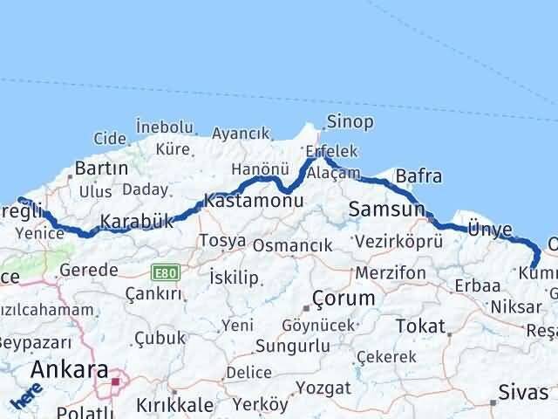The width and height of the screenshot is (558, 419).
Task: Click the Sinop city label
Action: pyautogui.click(x=350, y=121)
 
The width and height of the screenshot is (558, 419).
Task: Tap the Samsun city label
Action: pyautogui.click(x=386, y=209)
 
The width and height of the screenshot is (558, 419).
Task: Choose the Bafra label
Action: pyautogui.click(x=418, y=177)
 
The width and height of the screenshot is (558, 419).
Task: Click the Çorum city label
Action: pyautogui.click(x=345, y=299)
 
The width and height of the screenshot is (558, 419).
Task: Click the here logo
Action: pyautogui.click(x=26, y=395)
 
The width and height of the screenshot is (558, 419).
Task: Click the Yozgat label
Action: pyautogui.click(x=322, y=387)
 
